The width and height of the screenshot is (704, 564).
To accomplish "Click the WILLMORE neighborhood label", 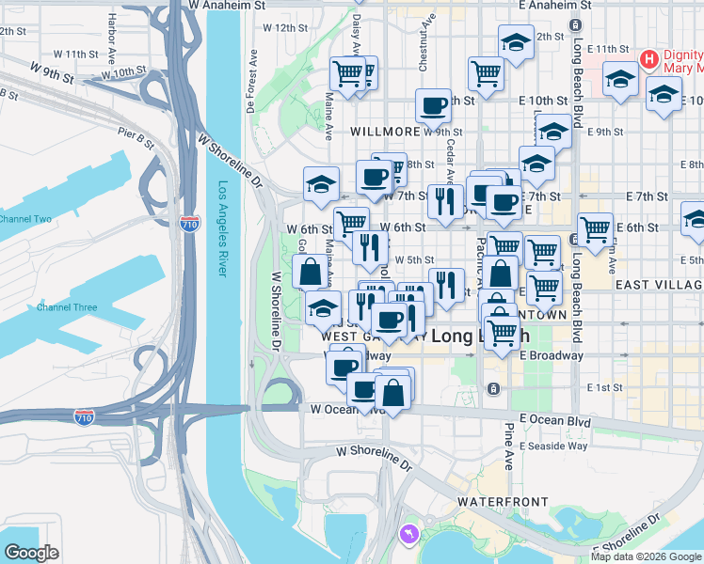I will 384,133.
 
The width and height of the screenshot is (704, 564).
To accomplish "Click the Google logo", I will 31,553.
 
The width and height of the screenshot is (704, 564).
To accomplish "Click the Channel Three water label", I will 67,307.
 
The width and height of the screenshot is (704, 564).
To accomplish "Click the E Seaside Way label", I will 552,445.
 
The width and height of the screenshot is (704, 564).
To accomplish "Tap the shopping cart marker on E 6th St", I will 595,227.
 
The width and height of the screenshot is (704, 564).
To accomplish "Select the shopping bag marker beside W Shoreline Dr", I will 311,273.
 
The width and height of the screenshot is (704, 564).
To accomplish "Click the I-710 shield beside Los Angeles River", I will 188,224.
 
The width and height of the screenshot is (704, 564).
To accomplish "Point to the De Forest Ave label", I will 252,80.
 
